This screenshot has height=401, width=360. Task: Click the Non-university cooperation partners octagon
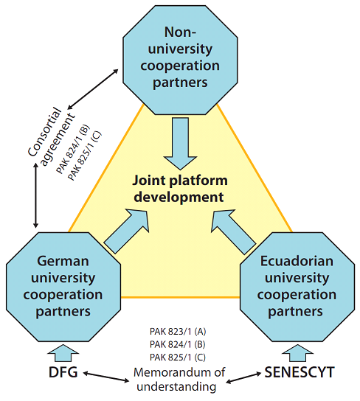(180, 60)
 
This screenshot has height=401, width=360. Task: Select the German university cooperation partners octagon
(63, 287)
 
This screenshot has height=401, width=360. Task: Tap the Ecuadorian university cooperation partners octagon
(297, 287)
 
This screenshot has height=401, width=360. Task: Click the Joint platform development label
(179, 189)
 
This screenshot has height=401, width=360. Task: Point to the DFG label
(63, 372)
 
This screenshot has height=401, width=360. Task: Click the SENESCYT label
(300, 372)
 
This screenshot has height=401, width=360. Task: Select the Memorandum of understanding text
(179, 380)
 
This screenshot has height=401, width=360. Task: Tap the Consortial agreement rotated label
(51, 137)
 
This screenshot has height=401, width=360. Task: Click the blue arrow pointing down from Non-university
(181, 144)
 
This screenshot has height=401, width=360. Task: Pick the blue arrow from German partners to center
(127, 231)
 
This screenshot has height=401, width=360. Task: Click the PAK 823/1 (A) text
(178, 332)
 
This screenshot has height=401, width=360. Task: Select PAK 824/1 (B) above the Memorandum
(178, 344)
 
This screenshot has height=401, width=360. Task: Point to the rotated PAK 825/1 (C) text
(85, 156)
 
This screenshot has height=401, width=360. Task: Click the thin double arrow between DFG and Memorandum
(106, 377)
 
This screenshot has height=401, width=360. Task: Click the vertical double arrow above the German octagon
(36, 195)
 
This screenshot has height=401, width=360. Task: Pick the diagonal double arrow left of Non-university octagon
(93, 88)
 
